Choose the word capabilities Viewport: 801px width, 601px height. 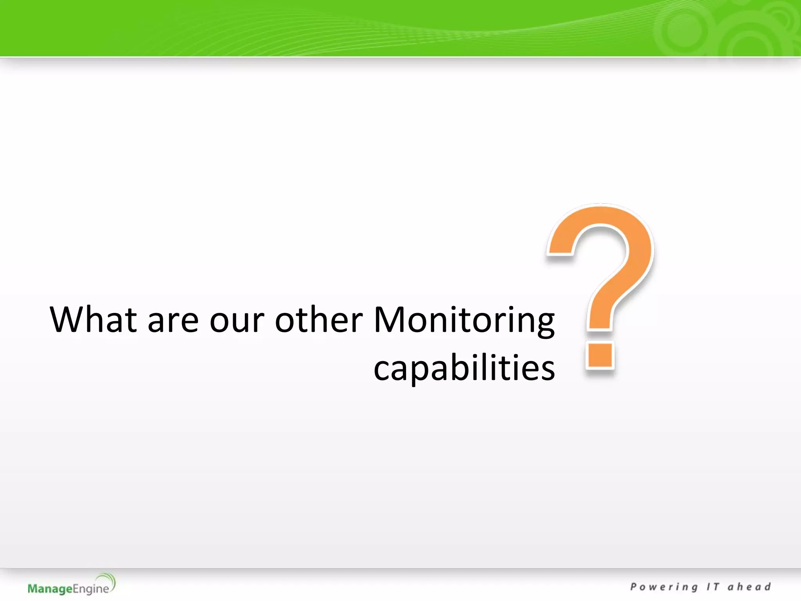(464, 368)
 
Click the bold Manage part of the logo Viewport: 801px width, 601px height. (50, 588)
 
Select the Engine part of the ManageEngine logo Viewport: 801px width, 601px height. (91, 589)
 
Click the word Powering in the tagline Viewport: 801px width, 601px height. (664, 587)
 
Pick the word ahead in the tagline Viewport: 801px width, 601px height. (749, 587)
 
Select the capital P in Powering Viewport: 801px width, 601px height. (634, 587)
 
